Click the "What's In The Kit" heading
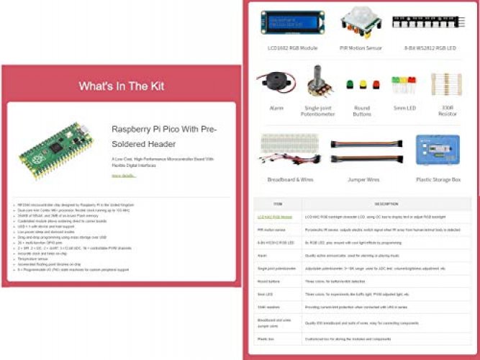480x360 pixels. click(x=121, y=86)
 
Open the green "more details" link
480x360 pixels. click(x=123, y=175)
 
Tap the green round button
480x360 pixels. click(x=351, y=85)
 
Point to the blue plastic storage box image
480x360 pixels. click(x=438, y=151)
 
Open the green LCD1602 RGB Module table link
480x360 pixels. click(x=275, y=216)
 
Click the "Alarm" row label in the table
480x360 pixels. click(x=263, y=255)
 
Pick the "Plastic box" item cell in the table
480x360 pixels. click(x=267, y=337)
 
